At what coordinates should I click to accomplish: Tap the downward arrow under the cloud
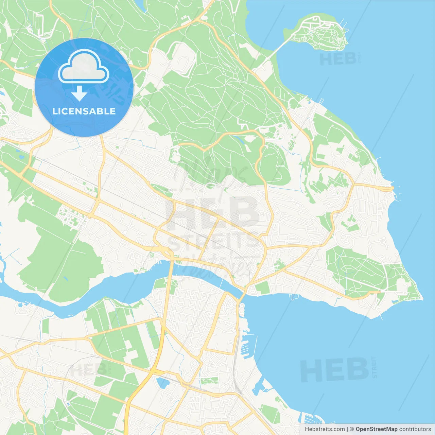coord(80,93)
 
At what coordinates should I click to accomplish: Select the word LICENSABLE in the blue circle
coord(84,111)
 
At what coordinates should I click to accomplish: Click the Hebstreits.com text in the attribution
coord(325,429)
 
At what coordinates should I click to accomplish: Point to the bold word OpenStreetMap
coord(376,429)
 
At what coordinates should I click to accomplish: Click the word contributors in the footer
coord(415,429)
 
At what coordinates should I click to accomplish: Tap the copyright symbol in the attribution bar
coord(352,429)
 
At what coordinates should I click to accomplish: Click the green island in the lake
coord(323,32)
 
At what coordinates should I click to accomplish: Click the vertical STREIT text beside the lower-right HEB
coord(375,367)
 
